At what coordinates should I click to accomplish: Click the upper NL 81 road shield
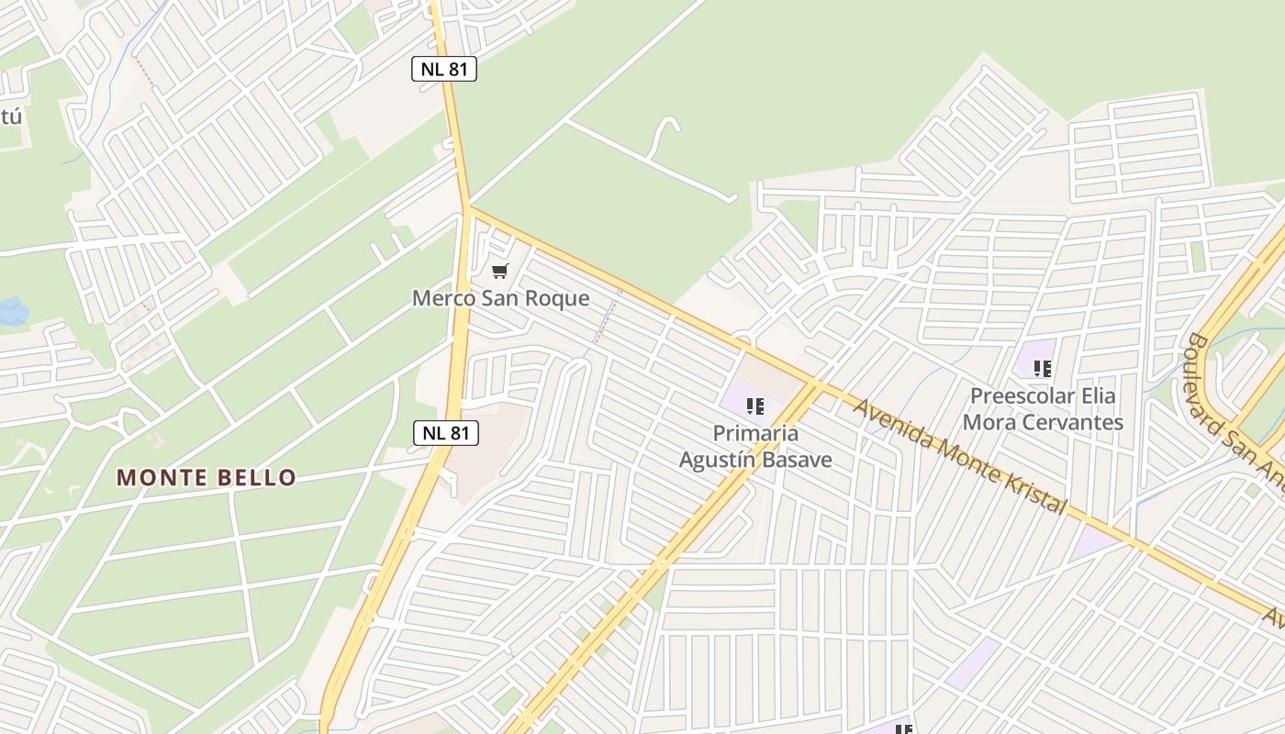pyautogui.click(x=444, y=69)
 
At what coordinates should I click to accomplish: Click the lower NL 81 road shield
pyautogui.click(x=446, y=433)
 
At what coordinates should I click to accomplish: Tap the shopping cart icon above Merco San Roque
pyautogui.click(x=499, y=271)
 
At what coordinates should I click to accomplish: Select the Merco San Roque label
pyautogui.click(x=500, y=298)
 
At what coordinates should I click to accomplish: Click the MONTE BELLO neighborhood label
pyautogui.click(x=207, y=477)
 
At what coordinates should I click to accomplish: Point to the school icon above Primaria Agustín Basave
pyautogui.click(x=755, y=406)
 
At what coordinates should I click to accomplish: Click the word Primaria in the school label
pyautogui.click(x=755, y=433)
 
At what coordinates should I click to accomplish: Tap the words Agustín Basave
pyautogui.click(x=755, y=459)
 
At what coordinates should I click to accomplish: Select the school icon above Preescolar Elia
pyautogui.click(x=1043, y=369)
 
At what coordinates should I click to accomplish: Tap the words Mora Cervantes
pyautogui.click(x=1043, y=422)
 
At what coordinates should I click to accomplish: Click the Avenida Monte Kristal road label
pyautogui.click(x=960, y=455)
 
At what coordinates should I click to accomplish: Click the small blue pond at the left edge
pyautogui.click(x=11, y=312)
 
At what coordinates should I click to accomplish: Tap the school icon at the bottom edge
pyautogui.click(x=904, y=729)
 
